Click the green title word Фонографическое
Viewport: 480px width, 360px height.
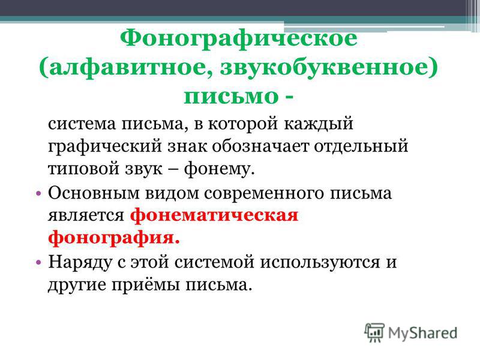click(x=238, y=39)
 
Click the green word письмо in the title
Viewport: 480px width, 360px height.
click(x=231, y=96)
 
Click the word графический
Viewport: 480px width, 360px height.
click(x=104, y=146)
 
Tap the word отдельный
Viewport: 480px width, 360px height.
click(x=361, y=146)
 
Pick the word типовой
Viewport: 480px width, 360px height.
click(x=83, y=169)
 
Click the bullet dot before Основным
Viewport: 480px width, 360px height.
click(x=38, y=193)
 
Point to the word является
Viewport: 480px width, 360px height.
click(x=86, y=215)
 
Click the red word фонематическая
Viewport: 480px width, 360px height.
click(x=214, y=215)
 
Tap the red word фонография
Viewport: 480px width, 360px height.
click(x=114, y=238)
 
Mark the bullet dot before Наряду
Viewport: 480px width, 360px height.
click(x=38, y=262)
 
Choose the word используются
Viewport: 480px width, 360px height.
click(x=320, y=262)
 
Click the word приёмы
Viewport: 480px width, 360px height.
click(x=145, y=284)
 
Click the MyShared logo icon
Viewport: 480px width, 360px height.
click(x=374, y=332)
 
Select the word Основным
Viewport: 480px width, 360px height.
click(x=94, y=193)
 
